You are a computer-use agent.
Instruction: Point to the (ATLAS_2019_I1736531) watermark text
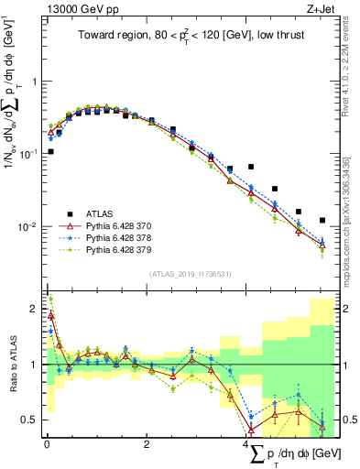coord(190,274)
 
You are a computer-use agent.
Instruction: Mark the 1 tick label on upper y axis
coord(34,82)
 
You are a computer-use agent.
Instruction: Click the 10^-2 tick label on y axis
coord(29,226)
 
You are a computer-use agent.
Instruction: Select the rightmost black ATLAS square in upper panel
coord(322,220)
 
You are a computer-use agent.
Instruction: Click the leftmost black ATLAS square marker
coord(50,151)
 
